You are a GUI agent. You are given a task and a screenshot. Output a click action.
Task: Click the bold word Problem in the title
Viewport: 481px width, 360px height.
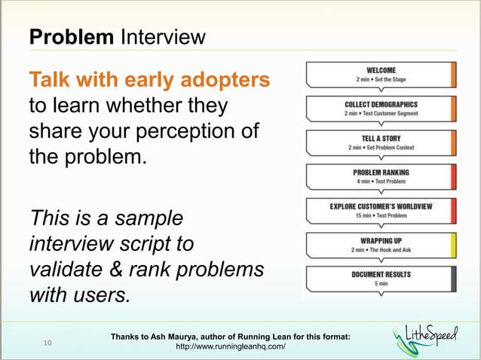[x=72, y=36]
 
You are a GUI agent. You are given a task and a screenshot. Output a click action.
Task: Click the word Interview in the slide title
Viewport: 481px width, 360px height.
[x=162, y=36]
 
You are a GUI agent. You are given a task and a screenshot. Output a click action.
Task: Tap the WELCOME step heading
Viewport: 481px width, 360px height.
[x=381, y=70]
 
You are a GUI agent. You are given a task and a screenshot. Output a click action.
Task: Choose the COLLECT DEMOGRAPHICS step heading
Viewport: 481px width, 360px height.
[x=381, y=104]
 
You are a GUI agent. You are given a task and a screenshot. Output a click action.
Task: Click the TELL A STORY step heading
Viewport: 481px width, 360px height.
[x=381, y=138]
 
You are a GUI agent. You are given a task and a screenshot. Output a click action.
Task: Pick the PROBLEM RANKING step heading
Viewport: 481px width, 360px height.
[x=381, y=172]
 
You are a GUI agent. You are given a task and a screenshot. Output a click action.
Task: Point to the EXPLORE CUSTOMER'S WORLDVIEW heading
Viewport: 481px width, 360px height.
[x=381, y=206]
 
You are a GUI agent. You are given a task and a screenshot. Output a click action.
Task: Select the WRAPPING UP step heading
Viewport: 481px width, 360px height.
[x=381, y=239]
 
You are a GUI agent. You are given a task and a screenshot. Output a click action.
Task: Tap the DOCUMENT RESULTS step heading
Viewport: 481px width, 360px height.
[x=381, y=274]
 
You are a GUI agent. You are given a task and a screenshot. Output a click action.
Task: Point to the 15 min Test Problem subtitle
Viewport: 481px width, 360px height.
[x=381, y=215]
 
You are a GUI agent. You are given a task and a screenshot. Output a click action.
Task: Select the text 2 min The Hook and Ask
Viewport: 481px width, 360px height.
[x=381, y=249]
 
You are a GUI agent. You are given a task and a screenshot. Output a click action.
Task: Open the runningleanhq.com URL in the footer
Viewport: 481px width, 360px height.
[x=230, y=347]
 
